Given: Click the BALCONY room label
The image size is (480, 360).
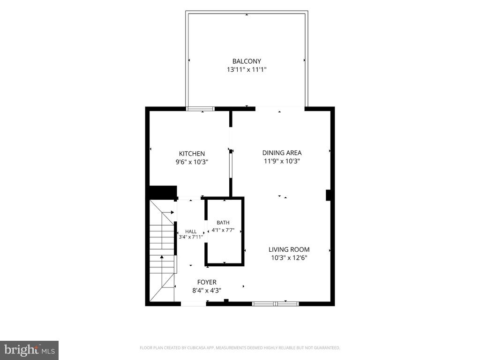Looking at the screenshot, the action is [x=247, y=61].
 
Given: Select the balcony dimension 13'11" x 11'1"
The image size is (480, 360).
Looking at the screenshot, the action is [x=247, y=69].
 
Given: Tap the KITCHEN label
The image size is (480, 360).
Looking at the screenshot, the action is [x=192, y=154].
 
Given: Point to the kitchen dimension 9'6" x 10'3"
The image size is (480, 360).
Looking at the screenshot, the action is [x=192, y=162].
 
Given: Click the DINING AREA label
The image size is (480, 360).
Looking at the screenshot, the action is [x=282, y=153].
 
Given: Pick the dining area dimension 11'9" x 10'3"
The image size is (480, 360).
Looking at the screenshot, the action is [x=282, y=161].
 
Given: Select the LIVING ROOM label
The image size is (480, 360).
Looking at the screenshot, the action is [x=289, y=249].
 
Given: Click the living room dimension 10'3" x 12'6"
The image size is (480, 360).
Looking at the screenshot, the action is [x=289, y=258].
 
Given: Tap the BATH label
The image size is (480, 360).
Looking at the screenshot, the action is [x=223, y=223].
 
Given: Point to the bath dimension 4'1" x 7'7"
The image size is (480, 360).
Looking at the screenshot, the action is [x=223, y=230].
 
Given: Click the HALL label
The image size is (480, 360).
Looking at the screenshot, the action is [x=191, y=232].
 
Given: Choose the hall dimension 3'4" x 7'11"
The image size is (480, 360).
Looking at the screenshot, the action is [x=191, y=237].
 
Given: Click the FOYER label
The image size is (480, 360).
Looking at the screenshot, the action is [x=207, y=282].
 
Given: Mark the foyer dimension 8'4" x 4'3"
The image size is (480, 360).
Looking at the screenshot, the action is [x=207, y=291].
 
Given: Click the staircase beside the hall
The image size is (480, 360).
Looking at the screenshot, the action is [x=162, y=250].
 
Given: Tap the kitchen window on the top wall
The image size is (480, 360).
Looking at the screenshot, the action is [x=201, y=109].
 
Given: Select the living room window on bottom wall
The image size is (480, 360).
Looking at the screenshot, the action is [x=275, y=304].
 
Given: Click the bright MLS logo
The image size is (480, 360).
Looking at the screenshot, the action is [x=30, y=350].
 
